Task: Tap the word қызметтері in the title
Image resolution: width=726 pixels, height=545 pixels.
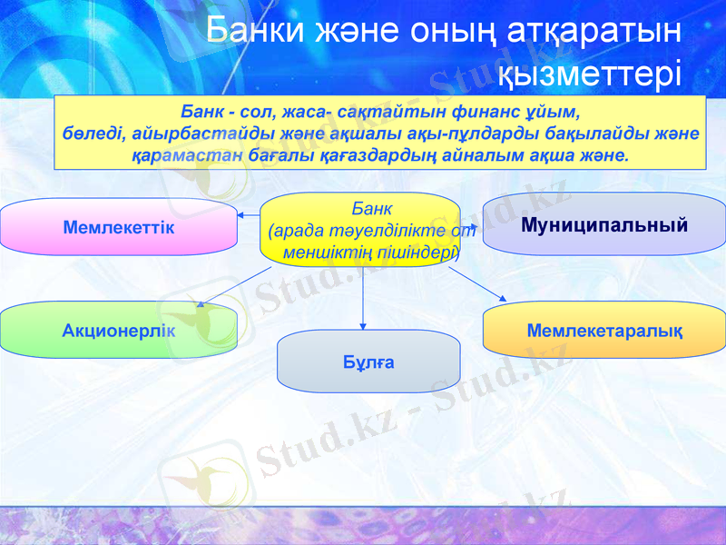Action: pos(591,70)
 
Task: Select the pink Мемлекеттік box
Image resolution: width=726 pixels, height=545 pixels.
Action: pos(119,226)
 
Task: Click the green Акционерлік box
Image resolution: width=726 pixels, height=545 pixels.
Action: pos(119,329)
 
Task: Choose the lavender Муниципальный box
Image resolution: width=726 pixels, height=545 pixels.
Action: pos(604,223)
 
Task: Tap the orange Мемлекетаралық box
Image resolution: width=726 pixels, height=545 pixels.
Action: pos(604,329)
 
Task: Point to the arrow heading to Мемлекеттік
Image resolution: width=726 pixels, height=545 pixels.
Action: pos(250,215)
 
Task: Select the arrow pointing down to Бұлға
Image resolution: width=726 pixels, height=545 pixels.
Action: pos(363,300)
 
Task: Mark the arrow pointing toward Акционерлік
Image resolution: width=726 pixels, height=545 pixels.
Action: pos(231,287)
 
